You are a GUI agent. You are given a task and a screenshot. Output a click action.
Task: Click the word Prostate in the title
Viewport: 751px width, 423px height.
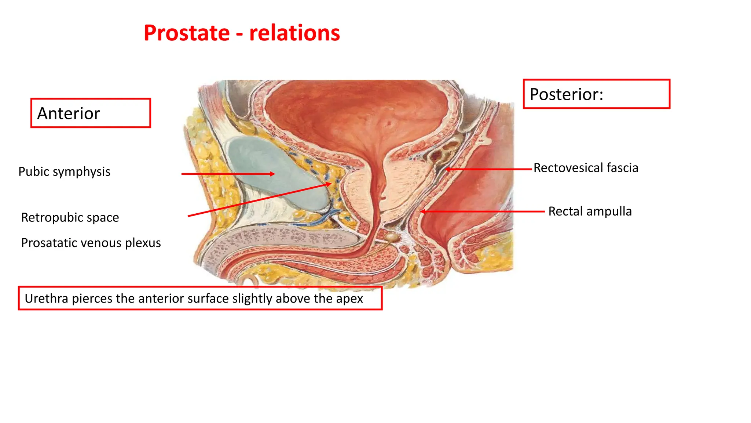pyautogui.click(x=187, y=33)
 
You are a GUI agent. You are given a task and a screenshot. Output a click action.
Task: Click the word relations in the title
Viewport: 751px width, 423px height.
pyautogui.click(x=294, y=33)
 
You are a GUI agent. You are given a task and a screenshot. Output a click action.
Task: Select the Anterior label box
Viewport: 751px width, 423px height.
pyautogui.click(x=91, y=113)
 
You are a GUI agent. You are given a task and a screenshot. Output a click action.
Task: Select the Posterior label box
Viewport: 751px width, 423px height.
pyautogui.click(x=596, y=94)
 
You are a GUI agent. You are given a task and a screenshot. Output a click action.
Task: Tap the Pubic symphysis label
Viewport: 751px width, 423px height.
pyautogui.click(x=64, y=171)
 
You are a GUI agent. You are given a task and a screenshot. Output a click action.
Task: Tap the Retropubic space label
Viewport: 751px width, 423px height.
pyautogui.click(x=70, y=217)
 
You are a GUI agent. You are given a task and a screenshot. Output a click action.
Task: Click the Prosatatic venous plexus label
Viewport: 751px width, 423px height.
pyautogui.click(x=91, y=243)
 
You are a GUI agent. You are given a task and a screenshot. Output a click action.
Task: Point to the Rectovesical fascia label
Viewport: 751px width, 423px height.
pyautogui.click(x=586, y=168)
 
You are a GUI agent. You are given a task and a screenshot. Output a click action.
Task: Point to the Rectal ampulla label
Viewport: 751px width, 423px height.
pyautogui.click(x=590, y=211)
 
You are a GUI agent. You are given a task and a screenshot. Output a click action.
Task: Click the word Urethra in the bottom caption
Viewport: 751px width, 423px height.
pyautogui.click(x=46, y=299)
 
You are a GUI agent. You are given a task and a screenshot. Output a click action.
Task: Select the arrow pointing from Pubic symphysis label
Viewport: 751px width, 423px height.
pyautogui.click(x=227, y=174)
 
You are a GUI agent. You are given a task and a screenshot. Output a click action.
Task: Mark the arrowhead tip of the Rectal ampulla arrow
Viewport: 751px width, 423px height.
pyautogui.click(x=421, y=211)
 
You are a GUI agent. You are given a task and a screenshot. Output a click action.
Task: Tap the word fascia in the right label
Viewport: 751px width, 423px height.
pyautogui.click(x=622, y=168)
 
